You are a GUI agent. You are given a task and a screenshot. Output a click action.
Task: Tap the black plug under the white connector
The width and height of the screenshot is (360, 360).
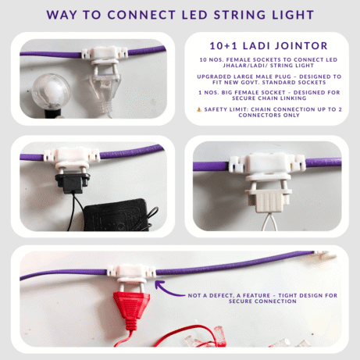point(73,183)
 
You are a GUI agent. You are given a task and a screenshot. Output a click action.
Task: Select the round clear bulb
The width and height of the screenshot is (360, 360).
point(51,91)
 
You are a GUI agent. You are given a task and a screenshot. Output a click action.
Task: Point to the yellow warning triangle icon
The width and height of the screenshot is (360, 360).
point(199,109)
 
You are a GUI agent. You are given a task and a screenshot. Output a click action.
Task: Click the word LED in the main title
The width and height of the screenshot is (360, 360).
point(194,15)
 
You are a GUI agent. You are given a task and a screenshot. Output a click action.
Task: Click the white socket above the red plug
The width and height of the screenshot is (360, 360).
point(132,273)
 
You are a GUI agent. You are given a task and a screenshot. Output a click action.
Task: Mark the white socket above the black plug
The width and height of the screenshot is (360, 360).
point(72,158)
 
